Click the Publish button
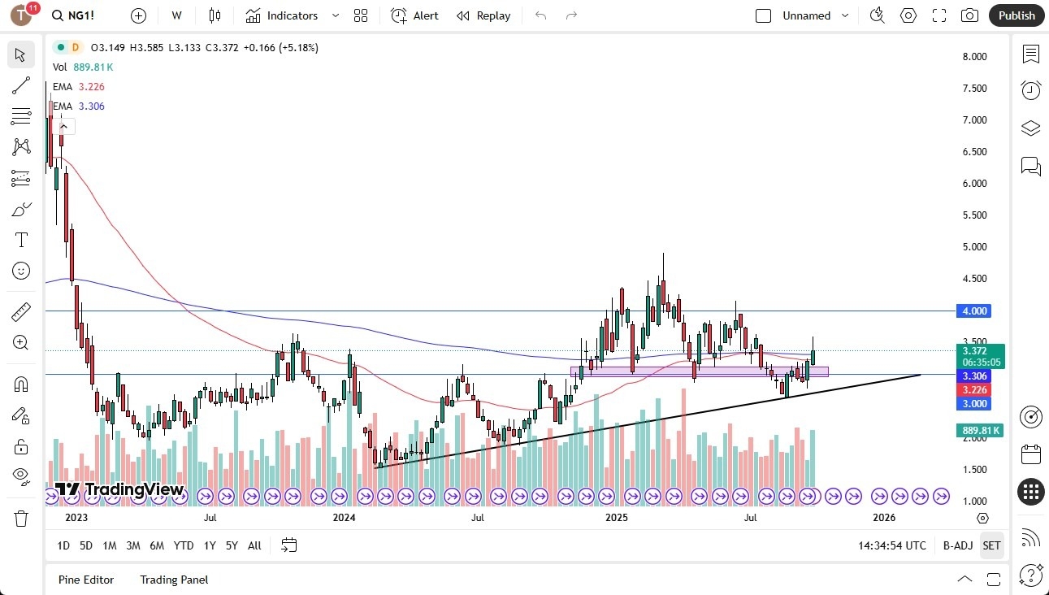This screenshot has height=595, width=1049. point(1016,15)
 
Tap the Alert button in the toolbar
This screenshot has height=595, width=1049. point(414,15)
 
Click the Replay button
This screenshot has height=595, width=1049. point(483,15)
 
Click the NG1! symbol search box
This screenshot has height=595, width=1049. point(81,15)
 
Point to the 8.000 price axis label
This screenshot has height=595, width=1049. point(974,57)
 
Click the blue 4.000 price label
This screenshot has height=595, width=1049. point(974,311)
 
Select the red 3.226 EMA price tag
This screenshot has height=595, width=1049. point(974,390)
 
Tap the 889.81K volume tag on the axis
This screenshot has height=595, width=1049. point(979,431)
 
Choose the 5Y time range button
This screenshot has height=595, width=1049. point(232,545)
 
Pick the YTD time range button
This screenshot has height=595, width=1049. point(184,545)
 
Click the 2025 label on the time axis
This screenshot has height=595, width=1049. point(617,518)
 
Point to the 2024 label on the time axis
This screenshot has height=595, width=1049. point(344,518)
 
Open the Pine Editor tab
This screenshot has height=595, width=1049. point(86,580)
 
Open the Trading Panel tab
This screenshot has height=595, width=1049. point(174,580)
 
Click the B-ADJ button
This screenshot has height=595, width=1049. point(957,545)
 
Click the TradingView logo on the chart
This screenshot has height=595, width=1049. point(119,489)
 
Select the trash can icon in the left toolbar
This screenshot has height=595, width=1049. point(21,518)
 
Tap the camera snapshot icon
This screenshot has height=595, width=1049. point(969,15)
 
